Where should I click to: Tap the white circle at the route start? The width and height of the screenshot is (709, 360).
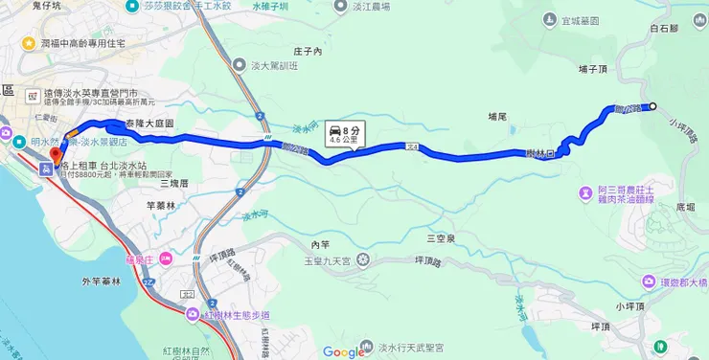pyautogui.click(x=653, y=106)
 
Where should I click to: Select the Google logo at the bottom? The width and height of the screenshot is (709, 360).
pyautogui.click(x=344, y=351)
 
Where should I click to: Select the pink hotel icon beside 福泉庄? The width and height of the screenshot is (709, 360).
pyautogui.click(x=165, y=258)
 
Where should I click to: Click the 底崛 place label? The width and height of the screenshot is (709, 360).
pyautogui.click(x=685, y=206)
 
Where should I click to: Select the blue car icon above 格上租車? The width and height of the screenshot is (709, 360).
pyautogui.click(x=45, y=169)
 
